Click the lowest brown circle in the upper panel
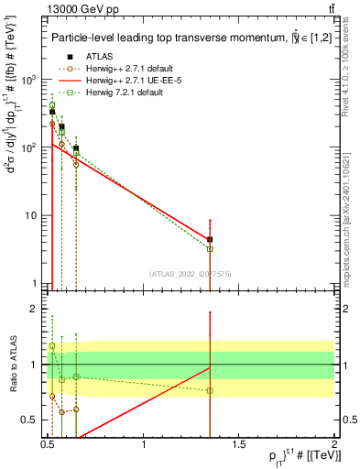(76, 164)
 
